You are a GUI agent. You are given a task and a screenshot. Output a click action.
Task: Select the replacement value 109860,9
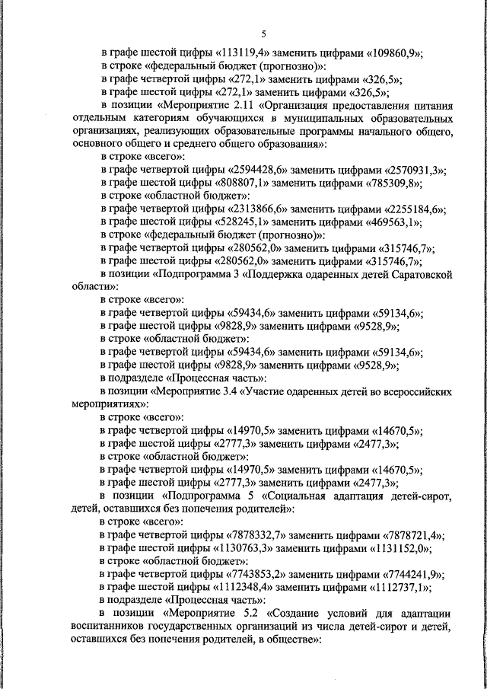(x=396, y=53)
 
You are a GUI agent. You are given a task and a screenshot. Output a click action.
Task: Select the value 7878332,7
(x=259, y=536)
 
